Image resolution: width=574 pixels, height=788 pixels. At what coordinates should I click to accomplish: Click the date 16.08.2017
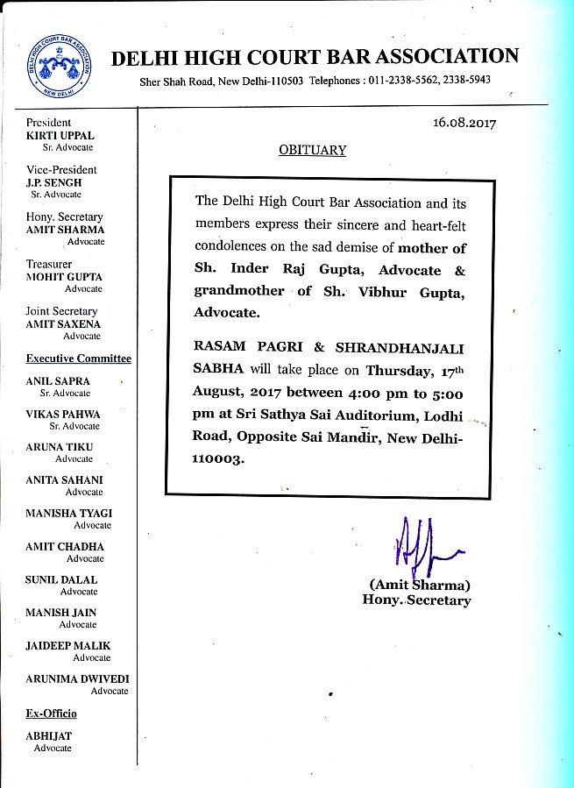[x=464, y=124]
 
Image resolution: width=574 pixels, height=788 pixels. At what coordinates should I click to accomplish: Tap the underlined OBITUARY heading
[x=312, y=150]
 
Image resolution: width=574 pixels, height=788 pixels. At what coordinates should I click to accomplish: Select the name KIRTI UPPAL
[x=60, y=136]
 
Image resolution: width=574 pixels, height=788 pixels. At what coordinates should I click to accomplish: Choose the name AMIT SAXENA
[x=63, y=324]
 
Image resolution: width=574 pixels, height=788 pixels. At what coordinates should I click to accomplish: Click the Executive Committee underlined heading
[x=79, y=359]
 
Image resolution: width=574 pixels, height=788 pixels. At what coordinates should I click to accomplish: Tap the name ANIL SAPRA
[x=58, y=381]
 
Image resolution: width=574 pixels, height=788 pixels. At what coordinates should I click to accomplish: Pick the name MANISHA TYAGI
[x=68, y=514]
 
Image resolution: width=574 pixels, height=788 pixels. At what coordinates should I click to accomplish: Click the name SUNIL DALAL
[x=61, y=579]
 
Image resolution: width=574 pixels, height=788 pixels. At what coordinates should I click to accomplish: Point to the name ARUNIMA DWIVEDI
[x=77, y=678]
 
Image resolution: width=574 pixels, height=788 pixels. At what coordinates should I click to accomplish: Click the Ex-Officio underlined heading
[x=51, y=714]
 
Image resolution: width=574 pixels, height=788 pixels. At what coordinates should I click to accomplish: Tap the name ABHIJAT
[x=48, y=737]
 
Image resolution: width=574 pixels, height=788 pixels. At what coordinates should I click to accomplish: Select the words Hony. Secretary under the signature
[x=416, y=600]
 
